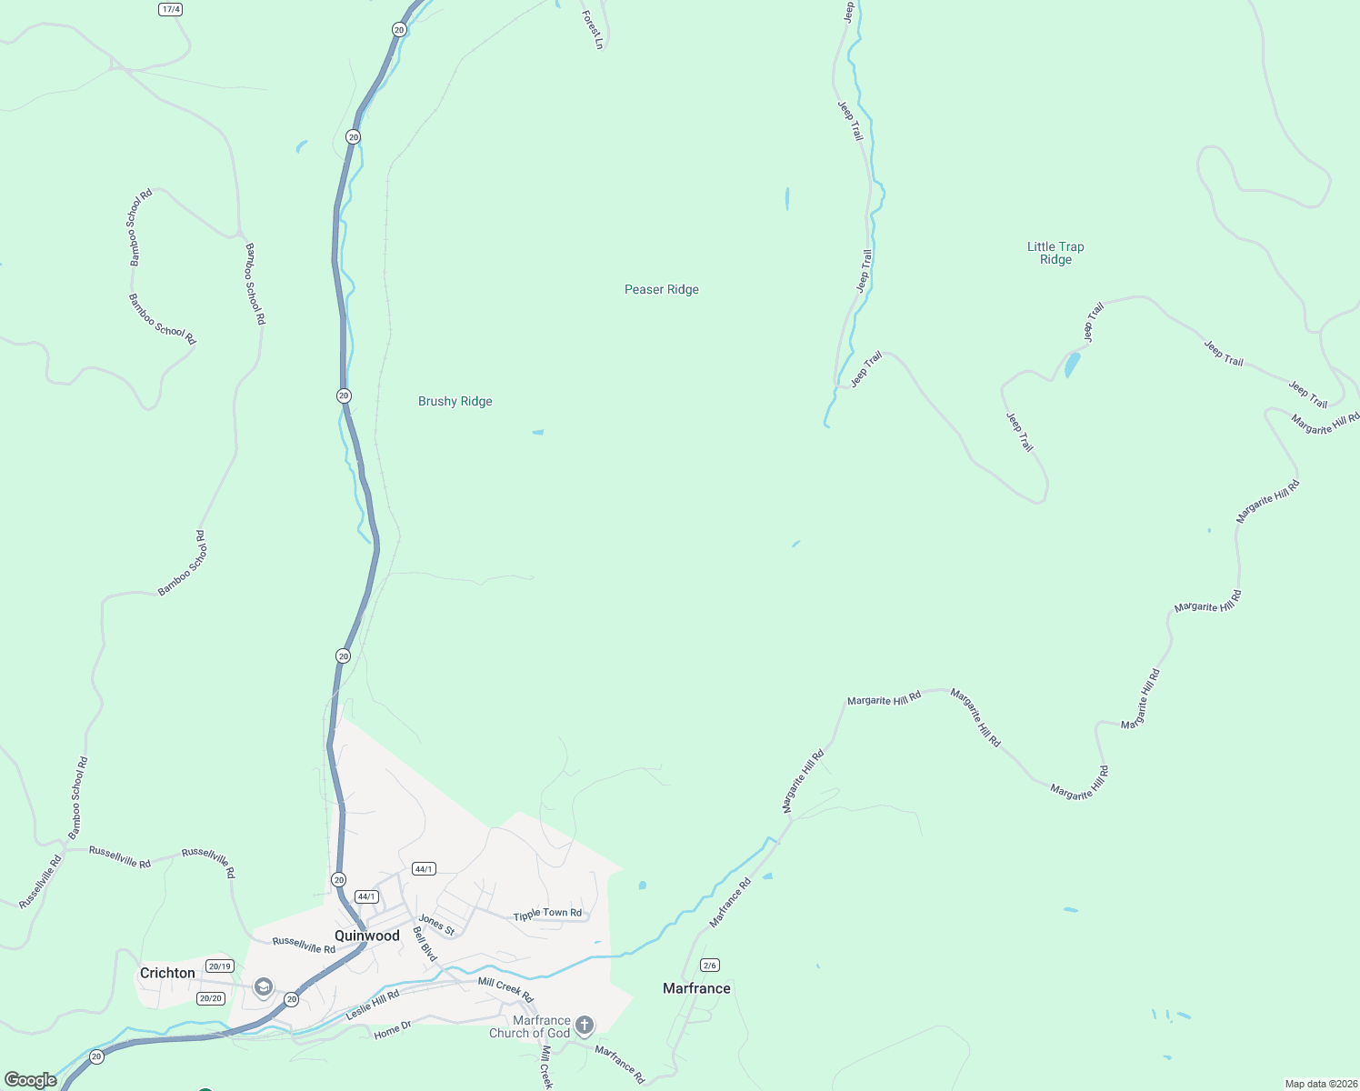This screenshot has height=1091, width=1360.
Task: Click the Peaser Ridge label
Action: [661, 290]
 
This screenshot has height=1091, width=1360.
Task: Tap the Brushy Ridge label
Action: [455, 402]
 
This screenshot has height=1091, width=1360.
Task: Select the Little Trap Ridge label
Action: [1055, 253]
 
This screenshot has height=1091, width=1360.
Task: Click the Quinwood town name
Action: [367, 936]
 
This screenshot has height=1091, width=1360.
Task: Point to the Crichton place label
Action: [167, 973]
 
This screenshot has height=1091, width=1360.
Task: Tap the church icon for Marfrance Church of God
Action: [585, 1026]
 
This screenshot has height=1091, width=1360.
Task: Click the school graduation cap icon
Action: [264, 987]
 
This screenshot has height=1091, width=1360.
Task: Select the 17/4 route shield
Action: [170, 9]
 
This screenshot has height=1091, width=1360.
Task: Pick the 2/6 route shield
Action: [710, 965]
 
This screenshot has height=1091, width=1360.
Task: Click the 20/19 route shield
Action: [219, 966]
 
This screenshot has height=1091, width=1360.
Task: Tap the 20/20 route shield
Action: [210, 998]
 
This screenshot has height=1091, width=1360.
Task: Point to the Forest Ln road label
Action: [593, 30]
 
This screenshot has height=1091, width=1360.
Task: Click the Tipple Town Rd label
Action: [547, 914]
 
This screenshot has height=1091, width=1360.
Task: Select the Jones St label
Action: [436, 926]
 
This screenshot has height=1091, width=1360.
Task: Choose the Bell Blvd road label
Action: [425, 945]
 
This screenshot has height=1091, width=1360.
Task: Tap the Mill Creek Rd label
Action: [505, 990]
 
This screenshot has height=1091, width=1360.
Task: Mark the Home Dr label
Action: [393, 1030]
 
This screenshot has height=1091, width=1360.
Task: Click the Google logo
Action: [31, 1080]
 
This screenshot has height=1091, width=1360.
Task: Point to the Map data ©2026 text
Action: [1320, 1084]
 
